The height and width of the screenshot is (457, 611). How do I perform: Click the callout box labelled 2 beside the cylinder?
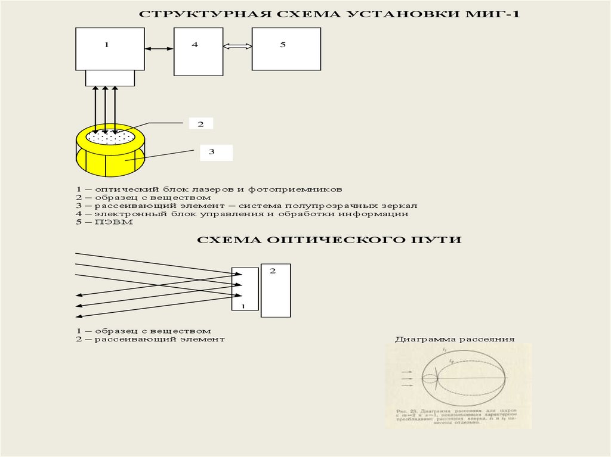pos(201,124)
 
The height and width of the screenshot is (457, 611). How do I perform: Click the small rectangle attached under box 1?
pos(110,78)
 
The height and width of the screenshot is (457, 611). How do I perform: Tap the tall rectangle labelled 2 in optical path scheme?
pos(276,290)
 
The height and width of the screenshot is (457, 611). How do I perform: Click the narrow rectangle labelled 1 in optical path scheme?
pos(245,289)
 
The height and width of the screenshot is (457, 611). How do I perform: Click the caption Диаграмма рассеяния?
pos(454,340)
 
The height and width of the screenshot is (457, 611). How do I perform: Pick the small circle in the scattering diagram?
pos(429,378)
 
